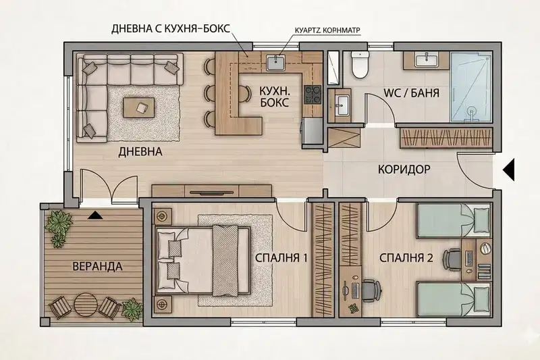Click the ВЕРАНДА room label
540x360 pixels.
(x=97, y=266)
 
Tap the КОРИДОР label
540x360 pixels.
(x=404, y=170)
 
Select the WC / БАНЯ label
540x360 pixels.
(x=411, y=93)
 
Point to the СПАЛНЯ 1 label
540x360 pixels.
(x=281, y=258)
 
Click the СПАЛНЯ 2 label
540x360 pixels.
(x=406, y=258)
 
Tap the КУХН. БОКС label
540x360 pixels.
(x=275, y=97)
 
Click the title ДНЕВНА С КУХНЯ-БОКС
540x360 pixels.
(x=171, y=28)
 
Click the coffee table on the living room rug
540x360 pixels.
(x=139, y=107)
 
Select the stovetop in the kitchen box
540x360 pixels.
(x=313, y=95)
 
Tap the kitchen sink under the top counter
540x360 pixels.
(x=275, y=62)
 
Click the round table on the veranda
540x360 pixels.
(x=86, y=305)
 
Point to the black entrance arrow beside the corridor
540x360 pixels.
(x=508, y=170)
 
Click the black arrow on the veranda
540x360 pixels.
(x=95, y=215)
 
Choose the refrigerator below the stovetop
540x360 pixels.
(x=313, y=131)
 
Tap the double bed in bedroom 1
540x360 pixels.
(x=203, y=261)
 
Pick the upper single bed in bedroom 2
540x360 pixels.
(x=454, y=220)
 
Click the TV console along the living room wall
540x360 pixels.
(x=212, y=191)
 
